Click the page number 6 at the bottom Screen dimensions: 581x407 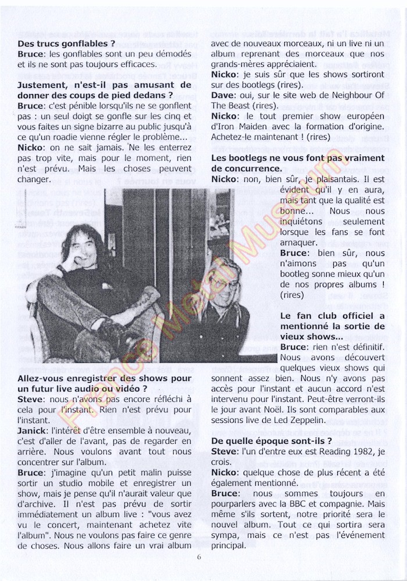tap(199, 556)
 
